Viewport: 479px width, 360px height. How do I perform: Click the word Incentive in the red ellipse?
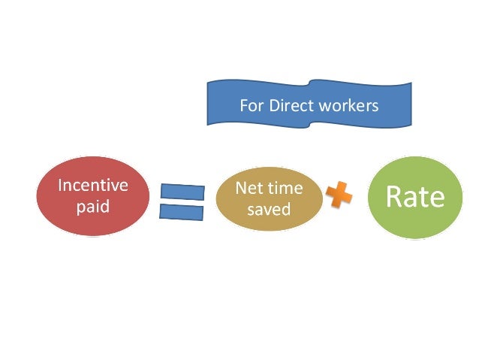pos(93,185)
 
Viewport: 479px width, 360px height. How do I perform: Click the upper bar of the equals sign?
pos(182,192)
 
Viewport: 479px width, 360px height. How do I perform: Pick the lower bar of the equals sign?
pos(182,212)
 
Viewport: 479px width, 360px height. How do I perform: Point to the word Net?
pos(249,189)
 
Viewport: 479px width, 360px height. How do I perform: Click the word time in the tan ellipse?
pos(283,189)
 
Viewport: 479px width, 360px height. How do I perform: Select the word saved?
pos(268,209)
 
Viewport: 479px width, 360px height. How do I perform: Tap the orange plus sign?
pos(339,197)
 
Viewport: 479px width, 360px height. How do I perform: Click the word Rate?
pos(414,197)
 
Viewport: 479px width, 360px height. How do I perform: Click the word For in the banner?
pos(249,106)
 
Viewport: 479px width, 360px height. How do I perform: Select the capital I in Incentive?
pos(61,185)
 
